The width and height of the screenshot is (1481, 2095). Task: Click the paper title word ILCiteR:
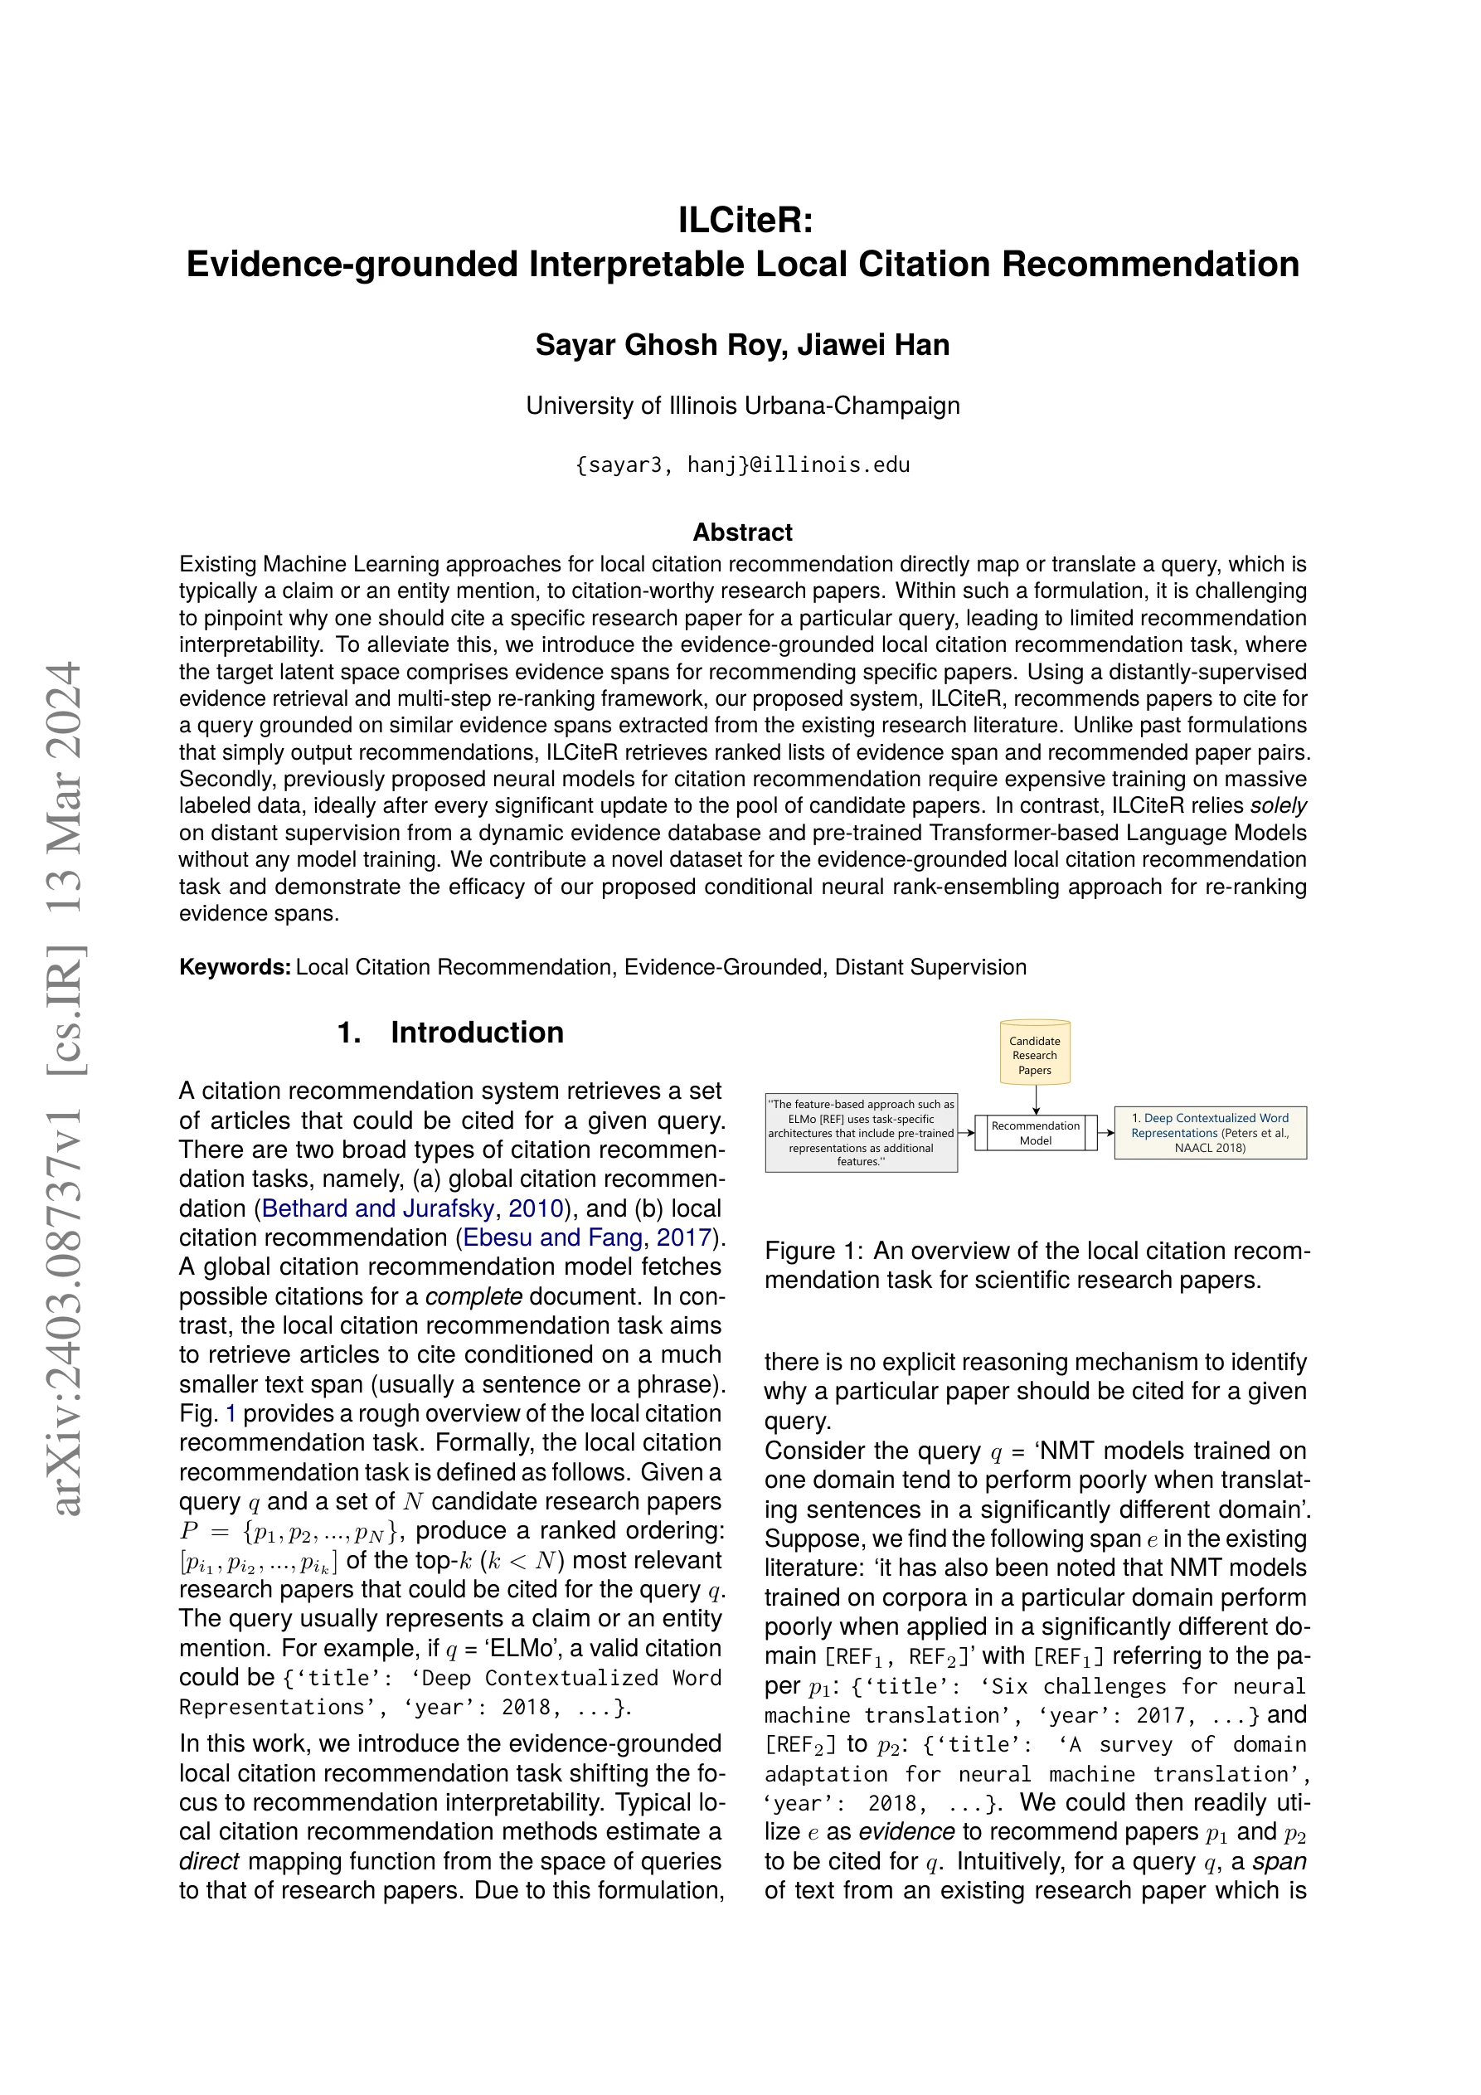[x=745, y=220]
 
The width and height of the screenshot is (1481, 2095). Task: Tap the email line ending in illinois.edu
[x=743, y=465]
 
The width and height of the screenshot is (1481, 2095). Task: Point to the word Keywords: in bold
[x=235, y=967]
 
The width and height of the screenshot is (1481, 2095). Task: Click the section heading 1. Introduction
[x=450, y=1032]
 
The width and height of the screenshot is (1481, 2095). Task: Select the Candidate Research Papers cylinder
[x=1035, y=1055]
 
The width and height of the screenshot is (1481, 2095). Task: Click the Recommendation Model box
[x=1035, y=1132]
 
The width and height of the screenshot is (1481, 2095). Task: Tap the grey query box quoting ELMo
[x=861, y=1132]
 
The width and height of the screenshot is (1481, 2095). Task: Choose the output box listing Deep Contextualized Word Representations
[x=1210, y=1132]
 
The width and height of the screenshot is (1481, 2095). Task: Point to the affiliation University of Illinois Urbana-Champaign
[x=743, y=406]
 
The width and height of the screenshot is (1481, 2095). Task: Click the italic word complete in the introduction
[x=473, y=1296]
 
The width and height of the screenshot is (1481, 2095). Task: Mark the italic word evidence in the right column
[x=907, y=1831]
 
